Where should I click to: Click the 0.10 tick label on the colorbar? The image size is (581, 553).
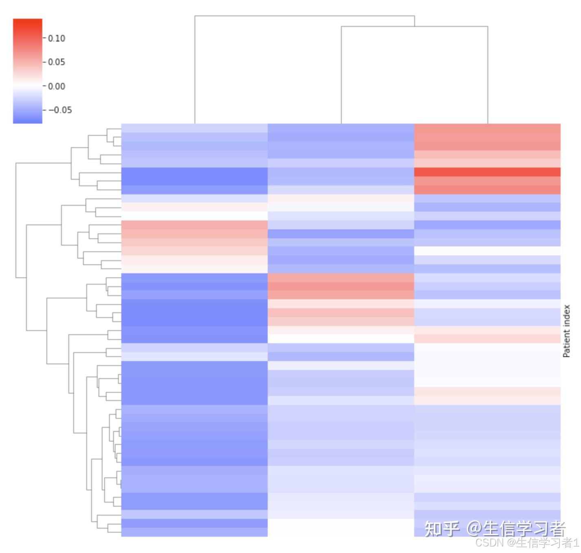(x=57, y=38)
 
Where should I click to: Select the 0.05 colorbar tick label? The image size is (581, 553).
(x=57, y=62)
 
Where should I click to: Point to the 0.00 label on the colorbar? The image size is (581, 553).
(x=57, y=86)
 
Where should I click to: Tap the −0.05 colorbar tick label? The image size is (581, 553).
(x=60, y=110)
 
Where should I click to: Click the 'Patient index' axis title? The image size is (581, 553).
(x=566, y=331)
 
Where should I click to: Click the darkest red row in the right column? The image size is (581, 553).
(x=487, y=172)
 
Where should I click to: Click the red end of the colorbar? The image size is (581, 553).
(x=28, y=24)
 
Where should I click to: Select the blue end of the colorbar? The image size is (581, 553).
(x=28, y=118)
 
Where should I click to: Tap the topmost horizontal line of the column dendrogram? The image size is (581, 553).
(x=304, y=16)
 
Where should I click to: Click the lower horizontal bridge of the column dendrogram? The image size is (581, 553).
(x=414, y=26)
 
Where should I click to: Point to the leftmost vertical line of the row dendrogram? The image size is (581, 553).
(x=16, y=220)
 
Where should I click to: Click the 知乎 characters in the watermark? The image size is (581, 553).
(x=442, y=529)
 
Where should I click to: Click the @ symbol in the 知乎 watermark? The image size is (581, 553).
(x=474, y=529)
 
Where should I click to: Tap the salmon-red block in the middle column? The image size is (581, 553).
(x=341, y=286)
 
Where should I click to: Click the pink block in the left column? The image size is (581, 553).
(x=194, y=234)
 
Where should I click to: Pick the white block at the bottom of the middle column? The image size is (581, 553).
(x=341, y=528)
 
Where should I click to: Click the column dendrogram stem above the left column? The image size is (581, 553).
(x=195, y=69)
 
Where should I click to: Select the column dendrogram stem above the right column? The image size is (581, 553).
(x=488, y=75)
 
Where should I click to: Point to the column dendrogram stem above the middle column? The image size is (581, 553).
(x=341, y=75)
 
